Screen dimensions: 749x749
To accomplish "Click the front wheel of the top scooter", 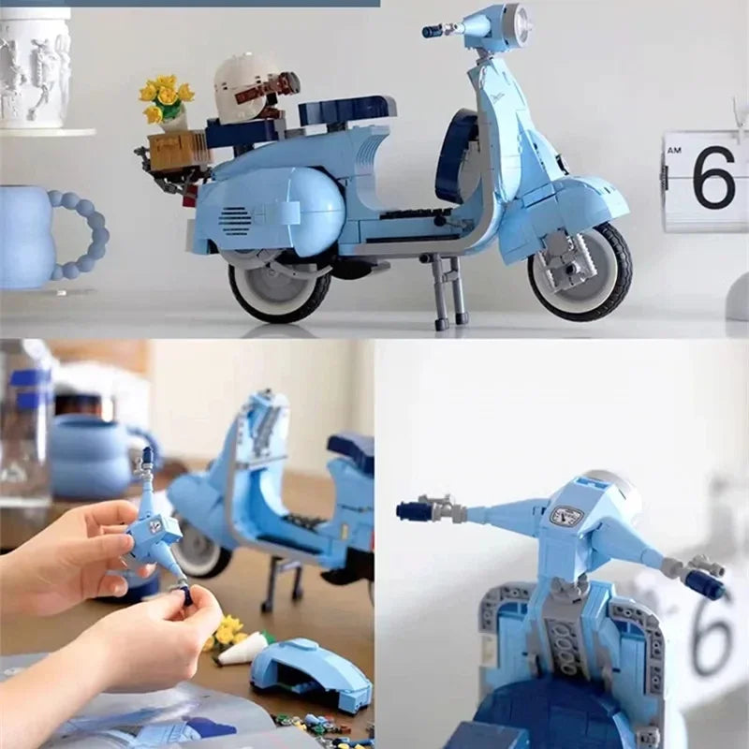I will [x=580, y=272].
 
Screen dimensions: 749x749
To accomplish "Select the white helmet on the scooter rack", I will [x=245, y=88].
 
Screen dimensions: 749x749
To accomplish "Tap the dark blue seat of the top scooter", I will [x=346, y=110].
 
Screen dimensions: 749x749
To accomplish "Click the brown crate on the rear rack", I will [x=179, y=150].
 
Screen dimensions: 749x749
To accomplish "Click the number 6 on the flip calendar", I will [x=713, y=177].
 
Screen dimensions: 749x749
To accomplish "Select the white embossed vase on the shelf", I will [x=34, y=67].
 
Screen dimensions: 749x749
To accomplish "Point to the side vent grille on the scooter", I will [x=234, y=222].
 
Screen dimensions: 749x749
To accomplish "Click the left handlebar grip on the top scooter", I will [x=432, y=31].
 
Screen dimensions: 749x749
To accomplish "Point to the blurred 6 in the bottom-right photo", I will [x=713, y=627].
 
